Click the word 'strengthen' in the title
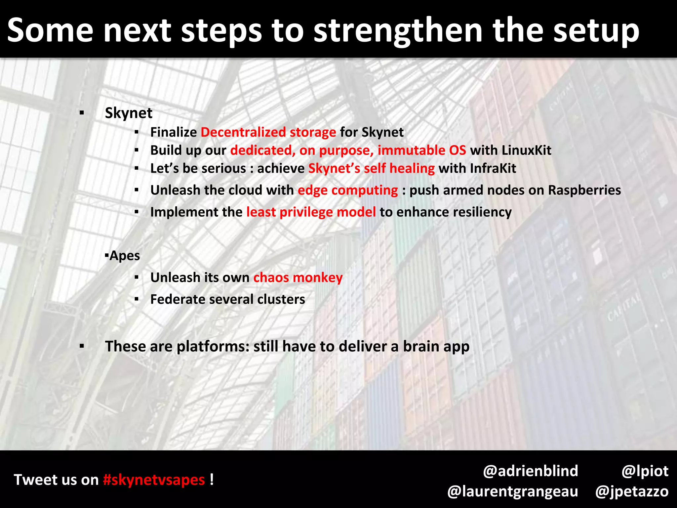[x=398, y=30]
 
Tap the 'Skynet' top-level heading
[x=129, y=113]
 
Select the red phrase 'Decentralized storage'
[x=268, y=132]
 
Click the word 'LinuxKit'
[x=526, y=150]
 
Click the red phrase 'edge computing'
[x=348, y=190]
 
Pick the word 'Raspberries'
[x=584, y=190]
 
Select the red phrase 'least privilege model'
[x=311, y=212]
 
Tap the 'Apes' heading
[x=124, y=256]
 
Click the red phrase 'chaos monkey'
[x=298, y=278]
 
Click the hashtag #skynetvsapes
[x=154, y=480]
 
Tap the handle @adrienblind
[x=530, y=471]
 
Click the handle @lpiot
[x=645, y=471]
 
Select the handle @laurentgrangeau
[x=512, y=491]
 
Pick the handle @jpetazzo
[x=632, y=491]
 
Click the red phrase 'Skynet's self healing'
[x=371, y=169]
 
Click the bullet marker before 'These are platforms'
[x=82, y=347]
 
